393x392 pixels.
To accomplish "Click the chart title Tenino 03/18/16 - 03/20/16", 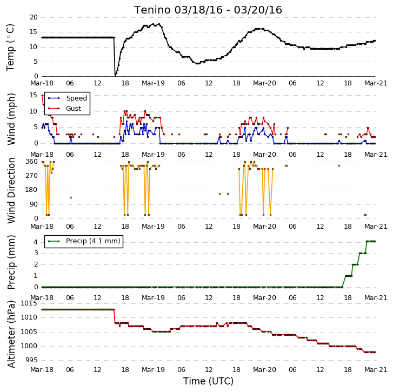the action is coord(208,10).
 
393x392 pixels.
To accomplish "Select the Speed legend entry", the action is coord(68,98).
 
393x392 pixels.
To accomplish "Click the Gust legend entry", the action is coord(65,109).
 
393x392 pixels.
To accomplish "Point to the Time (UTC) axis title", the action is coord(208,381).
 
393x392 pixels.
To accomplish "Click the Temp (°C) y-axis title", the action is coord(10,48).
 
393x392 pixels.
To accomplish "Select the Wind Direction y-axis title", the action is coord(11,190).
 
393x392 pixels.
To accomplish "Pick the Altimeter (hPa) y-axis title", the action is coord(11,334).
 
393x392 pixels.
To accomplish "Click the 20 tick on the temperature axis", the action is coord(34,17).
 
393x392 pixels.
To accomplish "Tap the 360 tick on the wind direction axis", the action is coord(31,162).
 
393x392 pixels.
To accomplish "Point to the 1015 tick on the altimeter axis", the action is coord(29,303).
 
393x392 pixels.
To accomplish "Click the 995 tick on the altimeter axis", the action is coord(31,360).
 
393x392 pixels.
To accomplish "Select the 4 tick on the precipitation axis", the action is coord(36,242).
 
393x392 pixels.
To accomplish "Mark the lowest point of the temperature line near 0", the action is coord(115,75).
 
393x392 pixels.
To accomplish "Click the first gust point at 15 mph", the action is coord(42,96).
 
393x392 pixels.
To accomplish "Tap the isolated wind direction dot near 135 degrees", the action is coord(71,198).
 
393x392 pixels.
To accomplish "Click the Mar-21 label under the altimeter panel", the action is coord(376,370).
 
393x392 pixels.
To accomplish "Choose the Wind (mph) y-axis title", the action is coord(11,119).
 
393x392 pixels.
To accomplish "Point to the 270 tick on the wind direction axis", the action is coord(31,176).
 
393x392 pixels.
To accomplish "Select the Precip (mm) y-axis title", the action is coord(11,262).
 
